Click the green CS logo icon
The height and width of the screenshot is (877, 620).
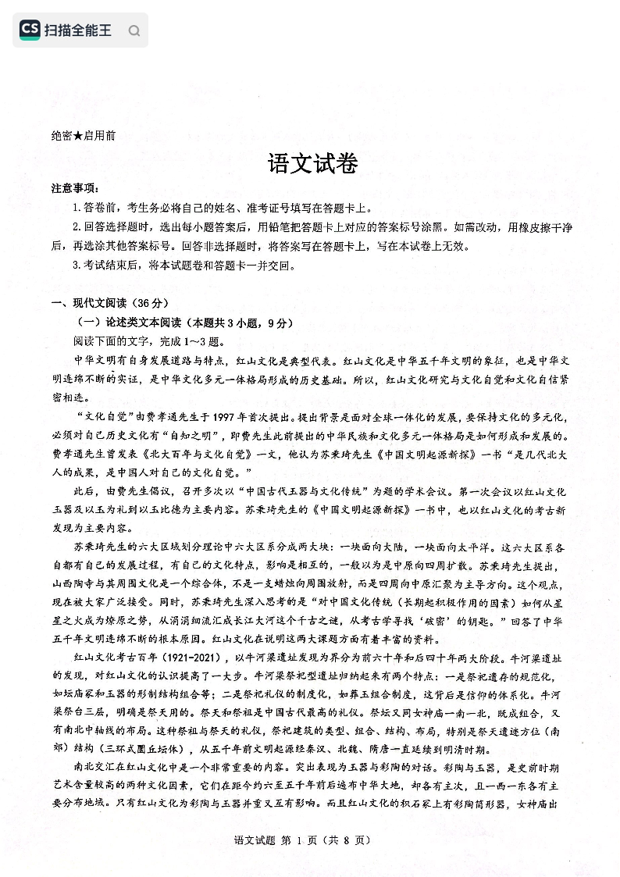point(30,30)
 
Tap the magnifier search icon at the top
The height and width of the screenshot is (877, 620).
point(134,31)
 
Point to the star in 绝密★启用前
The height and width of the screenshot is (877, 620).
point(78,135)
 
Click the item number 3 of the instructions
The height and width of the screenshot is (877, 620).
point(76,265)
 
